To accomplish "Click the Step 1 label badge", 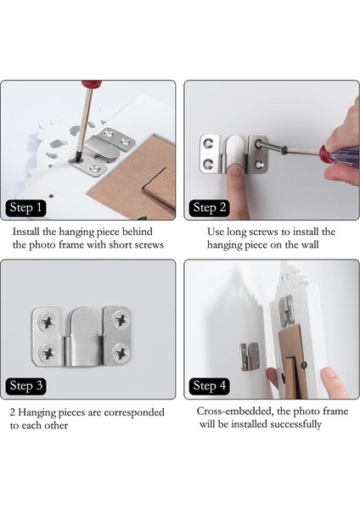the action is [25, 208].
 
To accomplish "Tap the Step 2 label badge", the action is [209, 208].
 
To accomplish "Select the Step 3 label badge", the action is [25, 386].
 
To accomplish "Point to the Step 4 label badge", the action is [209, 386].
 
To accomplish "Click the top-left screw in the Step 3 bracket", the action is [48, 322].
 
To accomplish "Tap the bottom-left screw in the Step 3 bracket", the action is [48, 353].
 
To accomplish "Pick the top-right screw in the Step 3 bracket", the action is [121, 321].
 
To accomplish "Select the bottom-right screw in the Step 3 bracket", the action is [121, 352].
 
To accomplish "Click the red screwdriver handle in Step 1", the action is [92, 84].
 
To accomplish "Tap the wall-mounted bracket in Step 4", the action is [250, 356].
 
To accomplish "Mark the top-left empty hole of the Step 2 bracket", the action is [207, 143].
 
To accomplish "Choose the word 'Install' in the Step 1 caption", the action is [26, 232].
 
